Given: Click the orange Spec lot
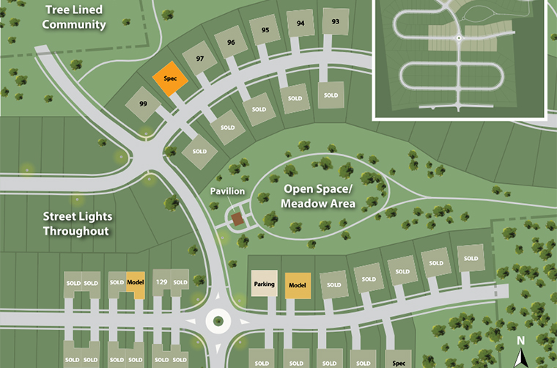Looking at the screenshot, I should tap(170, 78).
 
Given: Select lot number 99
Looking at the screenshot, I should tap(143, 105).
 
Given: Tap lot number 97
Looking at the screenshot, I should tap(199, 58).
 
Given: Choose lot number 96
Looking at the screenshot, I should tap(231, 43).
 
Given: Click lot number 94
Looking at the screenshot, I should tap(300, 23).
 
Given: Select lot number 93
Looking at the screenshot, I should tap(336, 22).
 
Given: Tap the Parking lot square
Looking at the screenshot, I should tap(264, 284).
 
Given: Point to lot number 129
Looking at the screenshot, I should tap(161, 282).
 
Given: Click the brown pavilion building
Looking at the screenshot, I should tap(237, 218).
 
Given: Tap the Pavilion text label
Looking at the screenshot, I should tap(227, 191).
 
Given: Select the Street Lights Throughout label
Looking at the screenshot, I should tap(75, 224).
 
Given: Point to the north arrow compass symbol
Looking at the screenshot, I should tap(520, 352).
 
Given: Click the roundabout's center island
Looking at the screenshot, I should tap(217, 320).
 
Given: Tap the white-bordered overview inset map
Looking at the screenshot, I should tap(460, 59).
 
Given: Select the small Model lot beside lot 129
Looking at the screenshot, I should tap(136, 282).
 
